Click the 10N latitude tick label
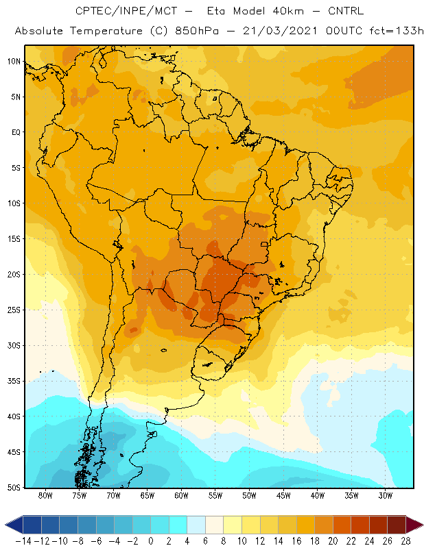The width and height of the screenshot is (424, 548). click(x=14, y=62)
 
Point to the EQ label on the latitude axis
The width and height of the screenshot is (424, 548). click(x=16, y=132)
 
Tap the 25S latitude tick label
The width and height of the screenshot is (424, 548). click(x=14, y=310)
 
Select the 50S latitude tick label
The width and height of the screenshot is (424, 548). click(x=14, y=487)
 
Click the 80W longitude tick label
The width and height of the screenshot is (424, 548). click(x=45, y=495)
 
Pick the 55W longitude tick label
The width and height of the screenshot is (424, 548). click(x=215, y=495)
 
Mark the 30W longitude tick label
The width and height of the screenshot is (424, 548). click(x=385, y=495)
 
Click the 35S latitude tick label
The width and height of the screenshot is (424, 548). click(x=14, y=381)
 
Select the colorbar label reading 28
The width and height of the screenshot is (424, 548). click(x=405, y=541)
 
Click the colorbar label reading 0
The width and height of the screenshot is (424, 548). click(x=151, y=541)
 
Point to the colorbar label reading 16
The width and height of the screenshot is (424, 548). click(x=296, y=541)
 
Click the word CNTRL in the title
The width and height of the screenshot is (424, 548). click(x=346, y=11)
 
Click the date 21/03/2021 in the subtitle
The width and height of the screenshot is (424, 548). click(x=280, y=31)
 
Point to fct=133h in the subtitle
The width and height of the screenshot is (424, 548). click(x=397, y=31)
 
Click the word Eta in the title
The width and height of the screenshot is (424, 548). click(x=216, y=11)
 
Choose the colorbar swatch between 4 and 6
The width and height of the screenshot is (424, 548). click(x=196, y=525)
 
